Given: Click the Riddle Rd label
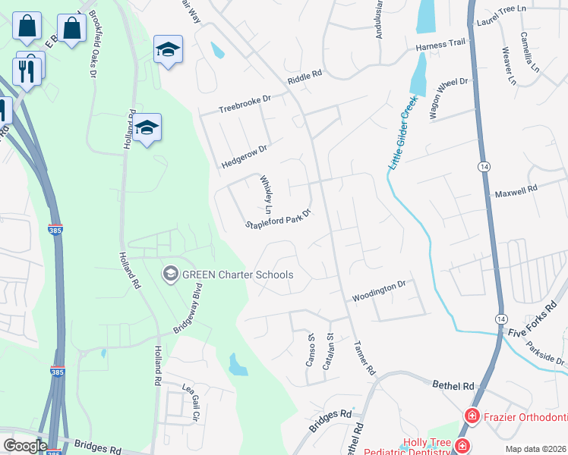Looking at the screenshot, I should [x=305, y=77].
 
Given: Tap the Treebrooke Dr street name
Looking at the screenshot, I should [x=245, y=104].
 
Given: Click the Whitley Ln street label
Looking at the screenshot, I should [x=267, y=194].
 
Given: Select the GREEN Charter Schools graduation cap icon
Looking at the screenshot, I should [x=171, y=274].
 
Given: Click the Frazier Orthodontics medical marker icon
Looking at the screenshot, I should [x=472, y=416].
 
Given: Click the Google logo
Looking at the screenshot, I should [x=25, y=446].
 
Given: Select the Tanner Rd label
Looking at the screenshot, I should [x=364, y=356].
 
